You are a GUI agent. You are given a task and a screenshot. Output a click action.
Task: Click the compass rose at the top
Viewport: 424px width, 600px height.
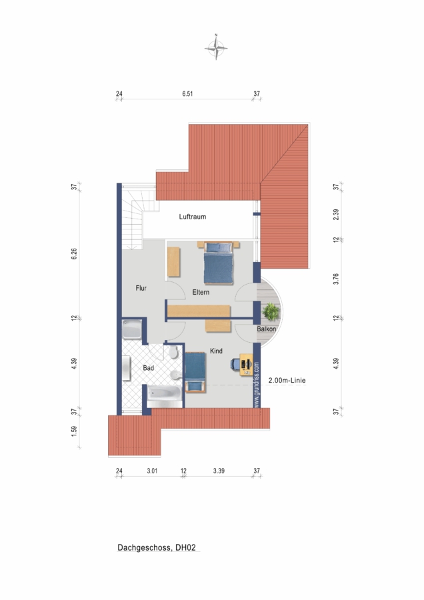(x=216, y=47)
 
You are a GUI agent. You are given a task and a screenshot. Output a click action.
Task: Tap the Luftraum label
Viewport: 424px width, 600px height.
(x=193, y=217)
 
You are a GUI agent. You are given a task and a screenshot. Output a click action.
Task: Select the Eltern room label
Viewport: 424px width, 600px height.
(x=201, y=292)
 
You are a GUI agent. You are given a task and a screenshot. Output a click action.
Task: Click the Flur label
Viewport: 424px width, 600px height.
(x=141, y=288)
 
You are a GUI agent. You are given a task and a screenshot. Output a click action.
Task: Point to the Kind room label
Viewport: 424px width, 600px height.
(x=216, y=351)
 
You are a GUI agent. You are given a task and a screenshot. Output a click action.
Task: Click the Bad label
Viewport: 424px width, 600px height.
(x=148, y=368)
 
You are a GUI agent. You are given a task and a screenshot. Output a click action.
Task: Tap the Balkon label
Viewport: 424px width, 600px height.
(x=267, y=329)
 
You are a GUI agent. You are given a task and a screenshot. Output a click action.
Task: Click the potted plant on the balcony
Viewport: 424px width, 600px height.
(x=271, y=311)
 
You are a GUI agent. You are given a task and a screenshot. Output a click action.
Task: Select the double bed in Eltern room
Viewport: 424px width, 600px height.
(x=218, y=263)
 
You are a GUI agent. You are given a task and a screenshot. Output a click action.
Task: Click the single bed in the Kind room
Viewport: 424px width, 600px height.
(x=195, y=372)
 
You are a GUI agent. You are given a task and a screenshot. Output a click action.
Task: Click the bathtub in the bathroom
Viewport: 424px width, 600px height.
(x=165, y=396)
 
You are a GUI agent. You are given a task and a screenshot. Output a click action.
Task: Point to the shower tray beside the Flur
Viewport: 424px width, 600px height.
(x=132, y=329)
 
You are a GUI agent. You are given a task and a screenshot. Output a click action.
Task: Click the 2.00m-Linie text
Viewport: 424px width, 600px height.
(x=287, y=381)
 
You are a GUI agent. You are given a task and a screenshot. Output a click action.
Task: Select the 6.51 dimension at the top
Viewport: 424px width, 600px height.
(x=187, y=94)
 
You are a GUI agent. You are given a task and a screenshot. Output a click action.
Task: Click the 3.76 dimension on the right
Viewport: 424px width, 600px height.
(x=336, y=279)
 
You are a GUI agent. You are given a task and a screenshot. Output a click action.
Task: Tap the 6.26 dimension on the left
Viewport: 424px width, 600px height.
(x=74, y=254)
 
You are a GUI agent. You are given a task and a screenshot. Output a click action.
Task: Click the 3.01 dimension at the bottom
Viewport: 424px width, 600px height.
(x=152, y=471)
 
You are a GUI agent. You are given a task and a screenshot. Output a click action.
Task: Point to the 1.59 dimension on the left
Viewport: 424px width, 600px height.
(x=74, y=431)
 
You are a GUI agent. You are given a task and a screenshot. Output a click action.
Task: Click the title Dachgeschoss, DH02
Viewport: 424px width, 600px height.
(x=157, y=547)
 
